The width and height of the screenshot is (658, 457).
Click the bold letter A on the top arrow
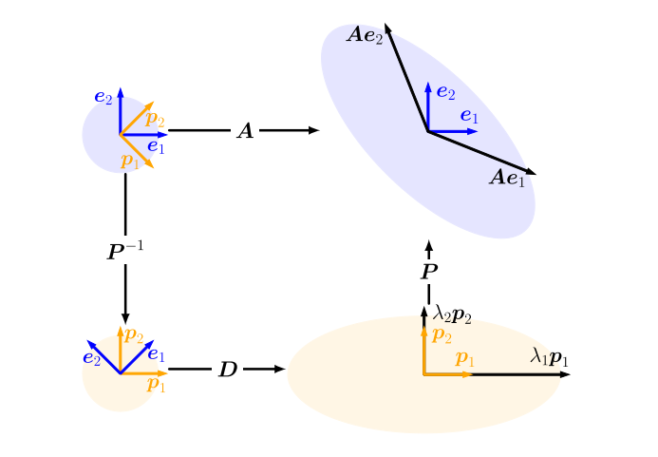click(245, 131)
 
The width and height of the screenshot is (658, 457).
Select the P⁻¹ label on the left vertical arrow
click(125, 252)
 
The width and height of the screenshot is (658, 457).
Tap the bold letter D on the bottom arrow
click(228, 370)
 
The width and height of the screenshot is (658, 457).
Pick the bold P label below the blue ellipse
click(429, 273)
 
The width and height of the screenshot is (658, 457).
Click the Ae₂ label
click(366, 36)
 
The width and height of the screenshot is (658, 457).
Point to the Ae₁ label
click(507, 178)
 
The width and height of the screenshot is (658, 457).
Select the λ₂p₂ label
click(452, 314)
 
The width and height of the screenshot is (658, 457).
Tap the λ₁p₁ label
click(549, 356)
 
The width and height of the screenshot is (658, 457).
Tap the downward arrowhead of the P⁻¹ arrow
click(125, 319)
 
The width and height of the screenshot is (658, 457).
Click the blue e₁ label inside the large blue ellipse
click(469, 117)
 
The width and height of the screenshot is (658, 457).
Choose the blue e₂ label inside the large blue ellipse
click(445, 93)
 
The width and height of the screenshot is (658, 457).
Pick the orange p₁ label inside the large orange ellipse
click(465, 358)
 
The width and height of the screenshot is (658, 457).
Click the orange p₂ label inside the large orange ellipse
click(442, 334)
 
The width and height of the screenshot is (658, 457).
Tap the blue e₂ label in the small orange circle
click(92, 358)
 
